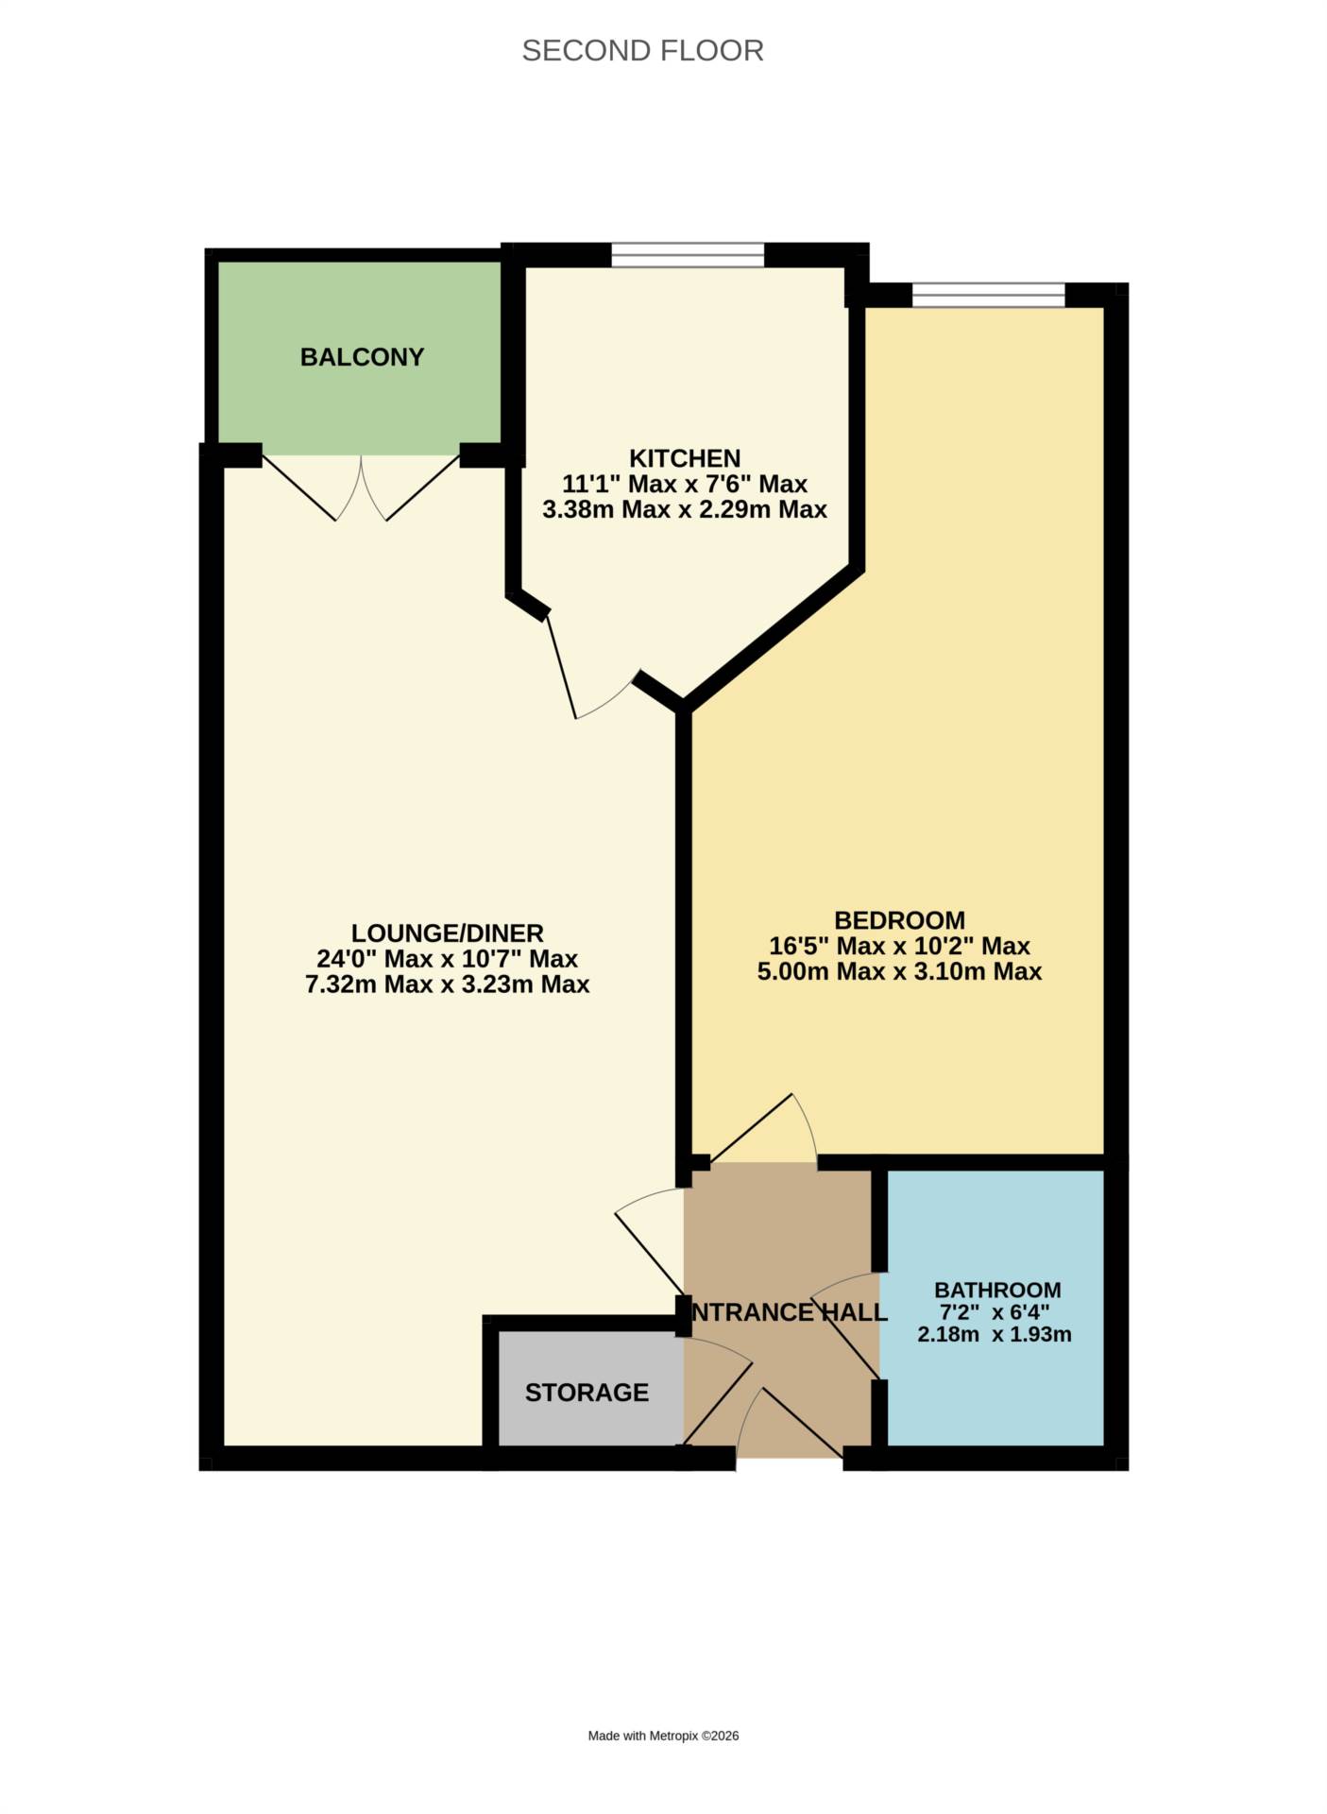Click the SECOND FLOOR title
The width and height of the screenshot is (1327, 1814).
642,50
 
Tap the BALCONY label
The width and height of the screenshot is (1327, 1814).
362,357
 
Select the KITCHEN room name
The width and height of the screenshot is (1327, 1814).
685,458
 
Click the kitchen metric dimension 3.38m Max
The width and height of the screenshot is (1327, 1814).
599,510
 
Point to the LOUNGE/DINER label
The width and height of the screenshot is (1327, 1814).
447,933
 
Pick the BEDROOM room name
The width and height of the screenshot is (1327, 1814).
899,920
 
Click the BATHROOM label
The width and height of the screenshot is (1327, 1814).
997,1290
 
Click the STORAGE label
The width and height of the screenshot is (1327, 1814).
587,1393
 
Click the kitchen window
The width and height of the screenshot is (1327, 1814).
687,254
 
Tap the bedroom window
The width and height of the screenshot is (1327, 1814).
988,295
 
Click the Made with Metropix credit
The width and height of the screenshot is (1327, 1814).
663,1736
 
